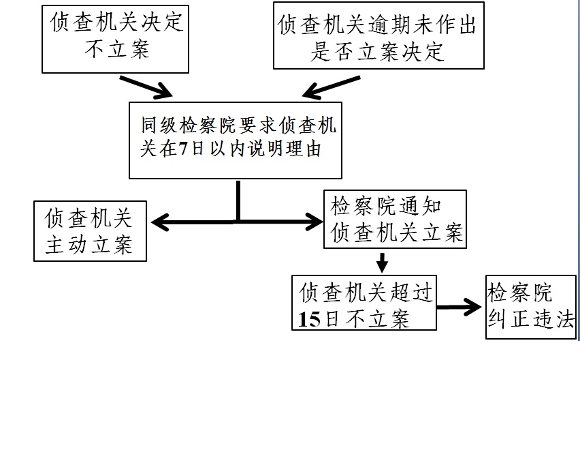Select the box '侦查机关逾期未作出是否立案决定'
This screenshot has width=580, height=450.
[378, 35]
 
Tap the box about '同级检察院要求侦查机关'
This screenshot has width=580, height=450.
[236, 139]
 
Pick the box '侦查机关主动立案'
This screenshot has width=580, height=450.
[90, 230]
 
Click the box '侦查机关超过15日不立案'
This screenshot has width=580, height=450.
[364, 302]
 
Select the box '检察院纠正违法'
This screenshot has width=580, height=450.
[530, 307]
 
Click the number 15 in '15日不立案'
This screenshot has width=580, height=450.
[308, 319]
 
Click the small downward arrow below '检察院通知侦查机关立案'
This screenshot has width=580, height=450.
[382, 261]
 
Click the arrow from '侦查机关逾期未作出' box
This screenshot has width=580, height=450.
[331, 87]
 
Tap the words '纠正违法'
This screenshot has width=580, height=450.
[531, 319]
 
